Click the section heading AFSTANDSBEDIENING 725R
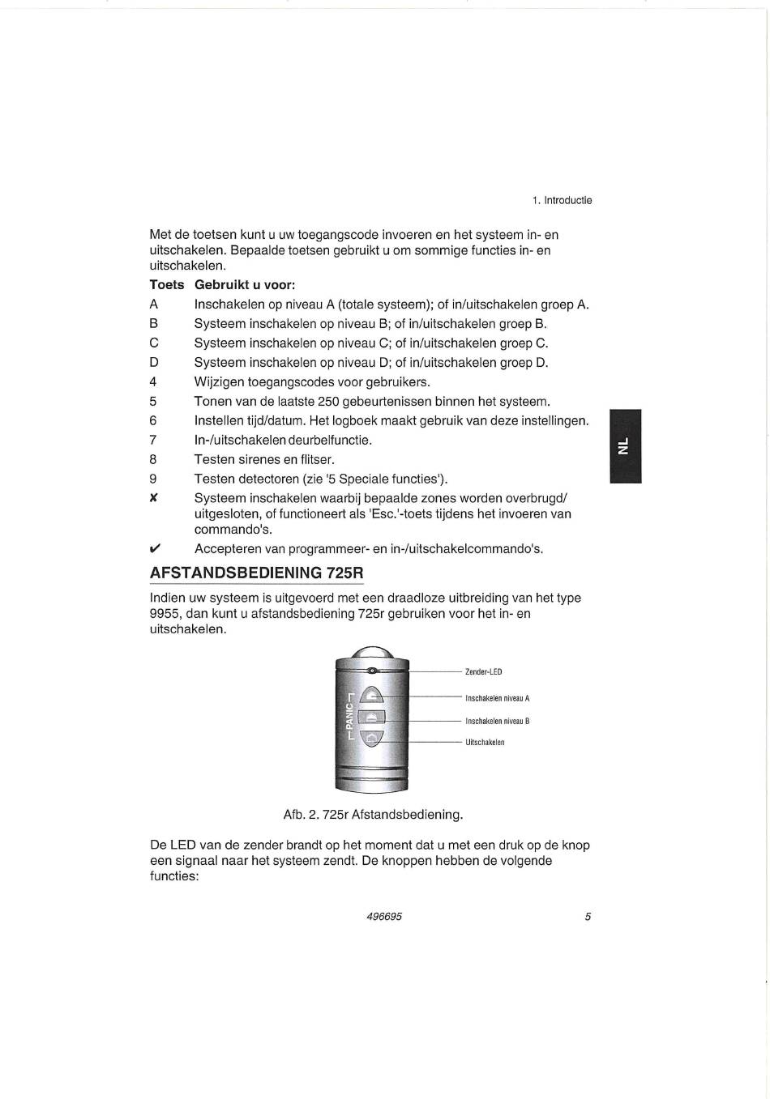256,573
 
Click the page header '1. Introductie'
563,200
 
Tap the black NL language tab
624,446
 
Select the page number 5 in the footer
588,916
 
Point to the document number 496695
383,916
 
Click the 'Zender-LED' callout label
484,671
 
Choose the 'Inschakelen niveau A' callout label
497,698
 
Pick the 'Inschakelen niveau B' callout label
497,721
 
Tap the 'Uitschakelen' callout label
485,742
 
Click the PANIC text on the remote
349,716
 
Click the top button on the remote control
371,695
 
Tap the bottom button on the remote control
371,739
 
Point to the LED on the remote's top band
372,671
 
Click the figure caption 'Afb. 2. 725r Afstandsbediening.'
373,814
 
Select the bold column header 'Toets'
166,285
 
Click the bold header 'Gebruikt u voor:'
244,285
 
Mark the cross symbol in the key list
153,498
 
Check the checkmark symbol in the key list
153,549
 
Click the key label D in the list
153,362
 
